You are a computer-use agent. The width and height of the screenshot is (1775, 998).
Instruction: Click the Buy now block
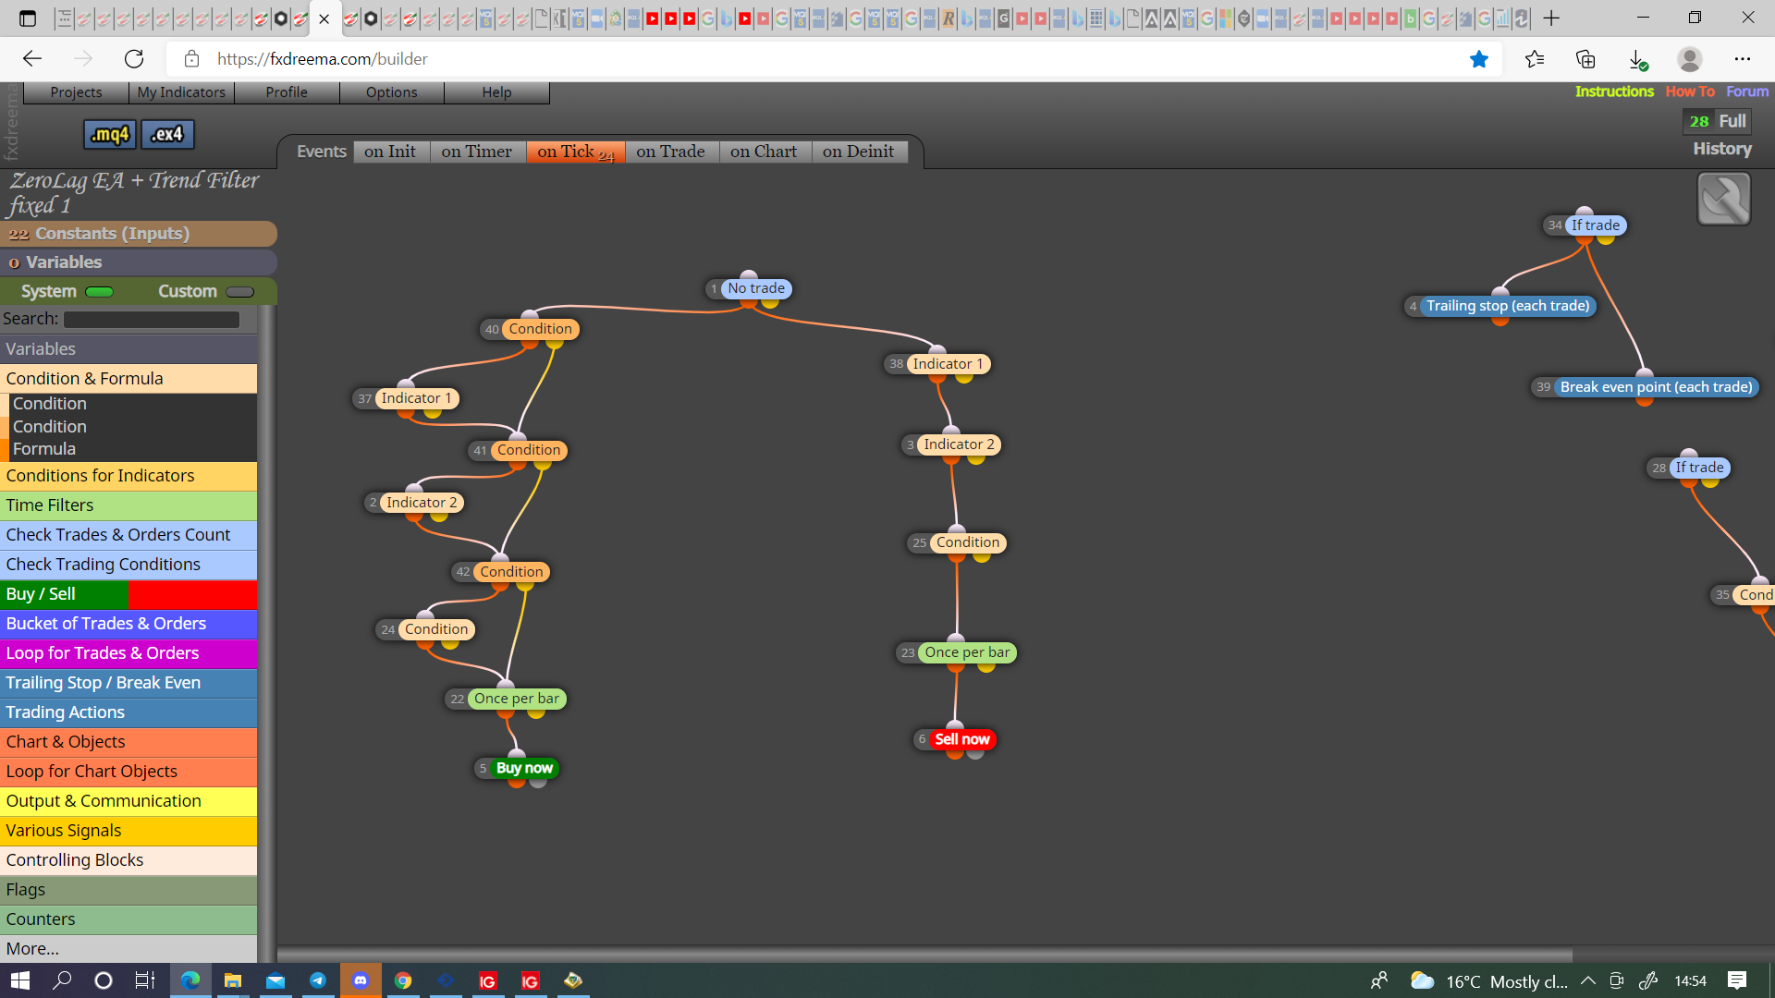pyautogui.click(x=523, y=768)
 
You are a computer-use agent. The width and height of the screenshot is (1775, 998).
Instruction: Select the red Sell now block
pyautogui.click(x=961, y=739)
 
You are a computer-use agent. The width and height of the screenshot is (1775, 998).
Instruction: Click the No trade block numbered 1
pyautogui.click(x=755, y=288)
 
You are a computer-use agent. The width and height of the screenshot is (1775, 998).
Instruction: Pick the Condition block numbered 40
pyautogui.click(x=540, y=329)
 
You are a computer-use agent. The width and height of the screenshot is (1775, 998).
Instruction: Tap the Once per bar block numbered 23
pyautogui.click(x=967, y=652)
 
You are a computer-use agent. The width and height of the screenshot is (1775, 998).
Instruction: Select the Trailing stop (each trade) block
pyautogui.click(x=1508, y=306)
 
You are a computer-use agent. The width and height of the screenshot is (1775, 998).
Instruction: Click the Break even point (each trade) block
pyautogui.click(x=1656, y=387)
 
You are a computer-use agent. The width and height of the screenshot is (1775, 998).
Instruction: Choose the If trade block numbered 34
pyautogui.click(x=1595, y=225)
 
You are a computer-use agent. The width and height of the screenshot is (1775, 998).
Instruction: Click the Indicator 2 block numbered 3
pyautogui.click(x=959, y=444)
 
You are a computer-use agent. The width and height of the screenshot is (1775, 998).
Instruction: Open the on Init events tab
pyautogui.click(x=390, y=152)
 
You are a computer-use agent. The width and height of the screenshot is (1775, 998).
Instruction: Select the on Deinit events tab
pyautogui.click(x=858, y=152)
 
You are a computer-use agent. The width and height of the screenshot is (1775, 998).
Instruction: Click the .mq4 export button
pyautogui.click(x=110, y=134)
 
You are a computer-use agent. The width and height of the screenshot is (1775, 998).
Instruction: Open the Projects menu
pyautogui.click(x=76, y=92)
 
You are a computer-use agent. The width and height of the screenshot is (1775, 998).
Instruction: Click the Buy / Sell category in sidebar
pyautogui.click(x=129, y=594)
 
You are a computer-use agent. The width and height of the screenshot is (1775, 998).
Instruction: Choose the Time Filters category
pyautogui.click(x=129, y=505)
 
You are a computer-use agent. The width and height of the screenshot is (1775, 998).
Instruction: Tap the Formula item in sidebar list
pyautogui.click(x=44, y=449)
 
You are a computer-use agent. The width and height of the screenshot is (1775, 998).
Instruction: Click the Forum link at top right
pyautogui.click(x=1746, y=91)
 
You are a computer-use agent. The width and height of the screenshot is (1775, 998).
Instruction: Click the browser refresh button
pyautogui.click(x=134, y=59)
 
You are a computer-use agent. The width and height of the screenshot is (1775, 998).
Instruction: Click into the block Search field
pyautogui.click(x=152, y=319)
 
